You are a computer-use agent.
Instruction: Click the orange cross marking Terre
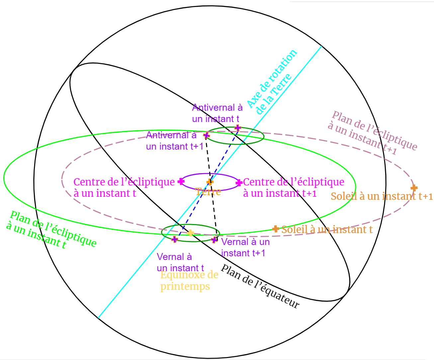[210, 182]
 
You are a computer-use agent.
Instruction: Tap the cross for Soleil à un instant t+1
[414, 188]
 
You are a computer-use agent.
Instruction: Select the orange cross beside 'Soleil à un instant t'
[275, 229]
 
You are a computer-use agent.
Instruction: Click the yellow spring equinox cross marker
[190, 233]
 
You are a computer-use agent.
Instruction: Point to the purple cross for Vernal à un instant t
[174, 239]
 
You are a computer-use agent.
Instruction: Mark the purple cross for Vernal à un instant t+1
[214, 240]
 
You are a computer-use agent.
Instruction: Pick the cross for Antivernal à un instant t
[237, 128]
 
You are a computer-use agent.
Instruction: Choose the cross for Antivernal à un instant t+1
[206, 135]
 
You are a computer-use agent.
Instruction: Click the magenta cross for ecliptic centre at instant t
[181, 181]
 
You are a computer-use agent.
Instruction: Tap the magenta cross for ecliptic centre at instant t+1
[239, 182]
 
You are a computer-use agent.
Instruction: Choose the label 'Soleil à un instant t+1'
[382, 196]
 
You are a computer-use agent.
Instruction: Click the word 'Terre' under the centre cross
[208, 192]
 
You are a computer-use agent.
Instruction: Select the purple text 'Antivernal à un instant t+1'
[174, 141]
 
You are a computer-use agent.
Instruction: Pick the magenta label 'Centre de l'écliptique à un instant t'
[124, 187]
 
